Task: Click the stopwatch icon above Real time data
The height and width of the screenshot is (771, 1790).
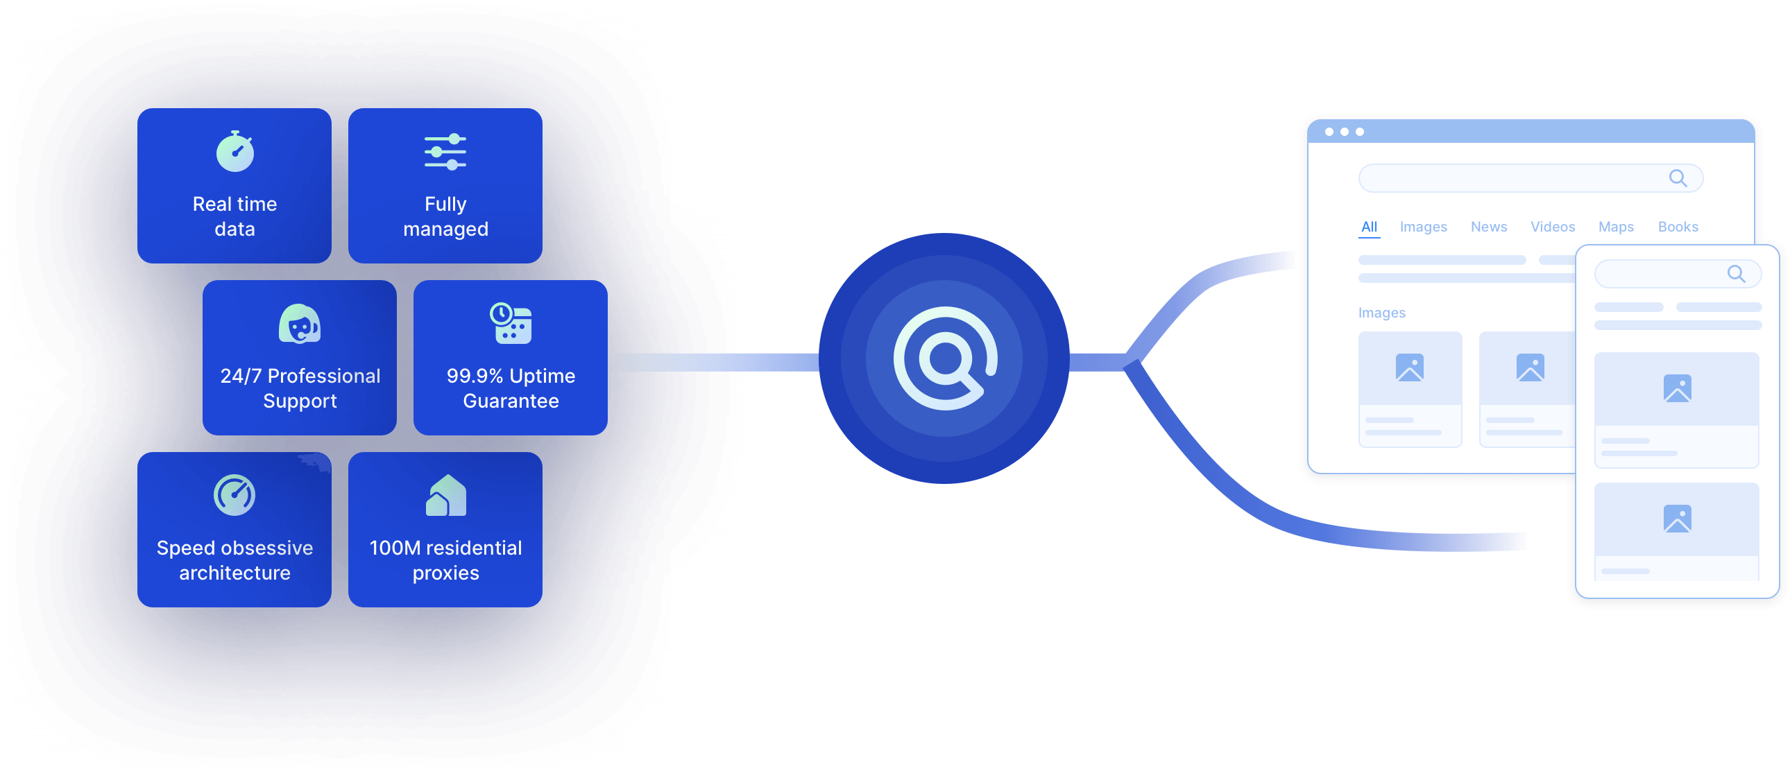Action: click(x=235, y=151)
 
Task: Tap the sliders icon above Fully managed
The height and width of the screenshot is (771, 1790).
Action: click(x=445, y=151)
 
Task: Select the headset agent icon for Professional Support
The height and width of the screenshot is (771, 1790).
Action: click(x=300, y=324)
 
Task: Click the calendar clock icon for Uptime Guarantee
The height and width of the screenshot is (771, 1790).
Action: click(x=511, y=323)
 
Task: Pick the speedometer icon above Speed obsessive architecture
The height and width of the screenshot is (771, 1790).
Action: click(x=235, y=495)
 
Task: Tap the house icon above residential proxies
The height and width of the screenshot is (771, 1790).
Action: click(x=445, y=495)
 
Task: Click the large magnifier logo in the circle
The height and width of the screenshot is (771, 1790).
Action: click(x=944, y=358)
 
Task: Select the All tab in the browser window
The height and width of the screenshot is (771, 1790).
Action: click(x=1369, y=227)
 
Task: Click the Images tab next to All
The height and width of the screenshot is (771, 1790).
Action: click(x=1423, y=227)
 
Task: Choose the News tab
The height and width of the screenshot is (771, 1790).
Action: click(x=1488, y=227)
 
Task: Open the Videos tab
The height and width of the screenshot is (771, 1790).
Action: click(x=1552, y=227)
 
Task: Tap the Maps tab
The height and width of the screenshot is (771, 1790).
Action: click(x=1616, y=227)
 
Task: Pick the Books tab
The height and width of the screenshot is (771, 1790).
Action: click(x=1678, y=227)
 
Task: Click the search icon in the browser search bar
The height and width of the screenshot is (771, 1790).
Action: click(x=1678, y=178)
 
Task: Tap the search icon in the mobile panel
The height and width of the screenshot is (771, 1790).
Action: click(x=1736, y=275)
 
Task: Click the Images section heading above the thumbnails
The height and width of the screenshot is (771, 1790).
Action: click(x=1381, y=313)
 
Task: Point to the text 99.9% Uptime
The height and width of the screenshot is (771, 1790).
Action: click(x=511, y=376)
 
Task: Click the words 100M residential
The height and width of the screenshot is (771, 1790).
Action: click(x=445, y=548)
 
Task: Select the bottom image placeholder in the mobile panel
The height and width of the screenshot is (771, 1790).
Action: click(x=1677, y=519)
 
